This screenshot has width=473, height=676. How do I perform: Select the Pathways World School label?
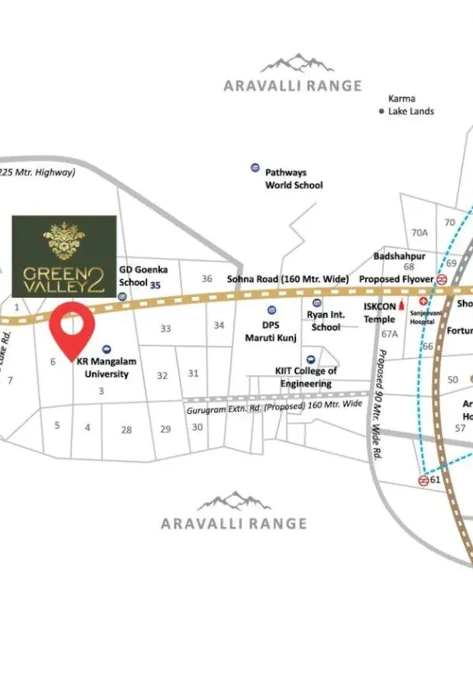[x=294, y=179]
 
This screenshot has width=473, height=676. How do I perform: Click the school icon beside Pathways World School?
[x=254, y=168]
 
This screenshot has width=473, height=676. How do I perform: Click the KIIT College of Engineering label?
[x=306, y=377]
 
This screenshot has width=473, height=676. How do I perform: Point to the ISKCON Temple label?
[x=380, y=312]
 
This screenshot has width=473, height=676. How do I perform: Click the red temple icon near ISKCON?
[x=402, y=306]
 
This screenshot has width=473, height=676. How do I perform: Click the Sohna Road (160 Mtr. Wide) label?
[x=288, y=279]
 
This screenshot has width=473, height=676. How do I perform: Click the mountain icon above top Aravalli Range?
[x=292, y=64]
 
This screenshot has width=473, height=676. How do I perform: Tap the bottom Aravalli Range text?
[x=233, y=523]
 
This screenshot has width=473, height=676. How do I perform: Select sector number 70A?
[x=419, y=232]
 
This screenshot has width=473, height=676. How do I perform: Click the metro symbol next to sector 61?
[x=423, y=481]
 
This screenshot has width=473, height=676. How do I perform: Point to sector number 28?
[x=126, y=429]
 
